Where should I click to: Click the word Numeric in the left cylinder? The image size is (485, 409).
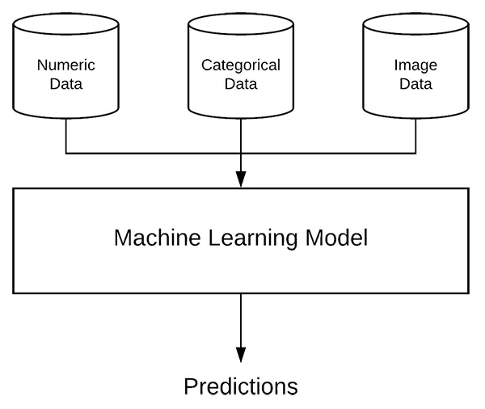(x=66, y=65)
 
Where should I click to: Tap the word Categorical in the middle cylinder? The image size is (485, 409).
(x=241, y=65)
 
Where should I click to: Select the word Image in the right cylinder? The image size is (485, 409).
(x=415, y=65)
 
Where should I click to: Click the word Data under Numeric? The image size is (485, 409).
(x=66, y=84)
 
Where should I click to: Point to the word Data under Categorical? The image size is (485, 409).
(x=241, y=84)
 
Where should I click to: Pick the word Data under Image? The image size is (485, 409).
(x=415, y=84)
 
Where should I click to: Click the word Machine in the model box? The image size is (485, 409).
(x=157, y=238)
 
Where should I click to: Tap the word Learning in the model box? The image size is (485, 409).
(x=253, y=238)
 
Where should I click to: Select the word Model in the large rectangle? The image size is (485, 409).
(x=336, y=238)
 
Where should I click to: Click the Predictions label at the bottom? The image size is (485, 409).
(x=241, y=386)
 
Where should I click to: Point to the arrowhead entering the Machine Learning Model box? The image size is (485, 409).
(x=241, y=179)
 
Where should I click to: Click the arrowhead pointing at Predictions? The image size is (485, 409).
(x=241, y=355)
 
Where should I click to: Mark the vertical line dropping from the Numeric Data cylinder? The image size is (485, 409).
(x=66, y=136)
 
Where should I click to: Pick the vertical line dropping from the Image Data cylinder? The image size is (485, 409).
(x=415, y=136)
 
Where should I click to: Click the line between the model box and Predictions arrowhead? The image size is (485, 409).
(x=241, y=321)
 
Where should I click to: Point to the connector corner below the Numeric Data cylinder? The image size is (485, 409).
(x=66, y=153)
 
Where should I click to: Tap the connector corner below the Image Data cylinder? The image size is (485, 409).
(x=415, y=153)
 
